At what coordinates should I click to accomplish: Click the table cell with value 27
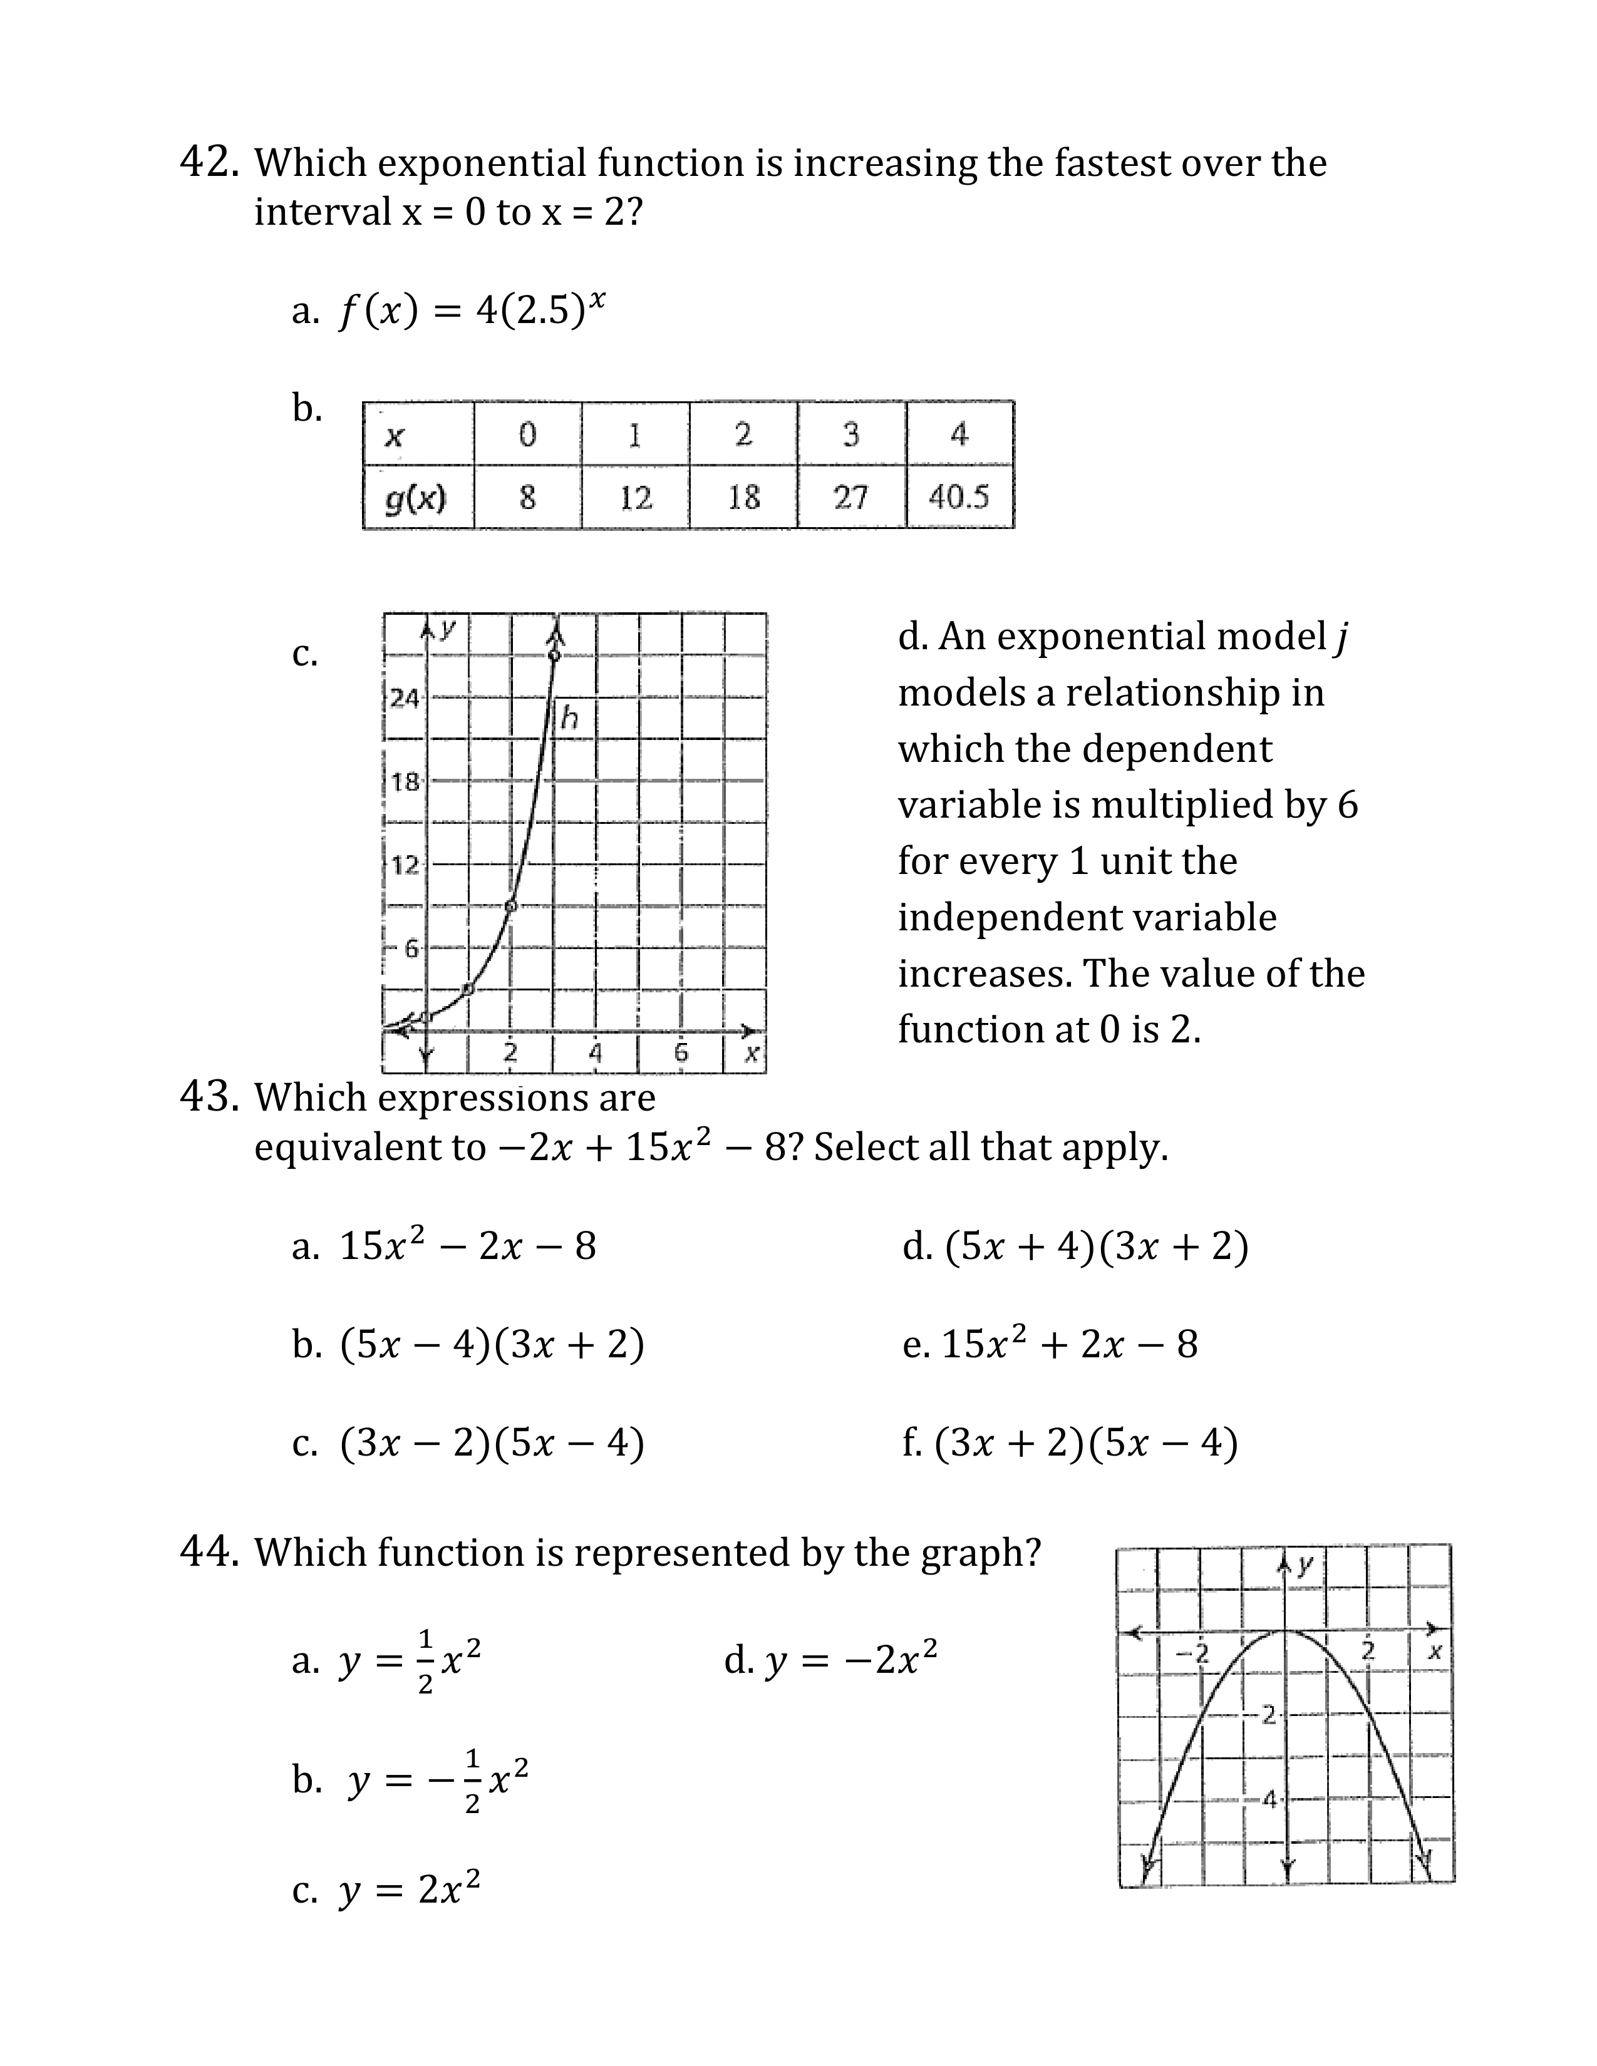[850, 496]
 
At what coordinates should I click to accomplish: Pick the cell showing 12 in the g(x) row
[636, 496]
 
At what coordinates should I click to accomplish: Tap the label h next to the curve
[569, 718]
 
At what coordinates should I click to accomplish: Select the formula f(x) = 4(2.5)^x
[471, 309]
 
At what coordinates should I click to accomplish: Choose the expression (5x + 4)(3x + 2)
[1095, 1246]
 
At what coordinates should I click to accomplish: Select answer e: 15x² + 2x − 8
[1069, 1344]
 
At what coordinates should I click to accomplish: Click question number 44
[208, 1553]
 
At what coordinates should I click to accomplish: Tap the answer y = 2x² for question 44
[410, 1890]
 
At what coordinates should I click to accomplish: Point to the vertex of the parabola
[1284, 1630]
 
